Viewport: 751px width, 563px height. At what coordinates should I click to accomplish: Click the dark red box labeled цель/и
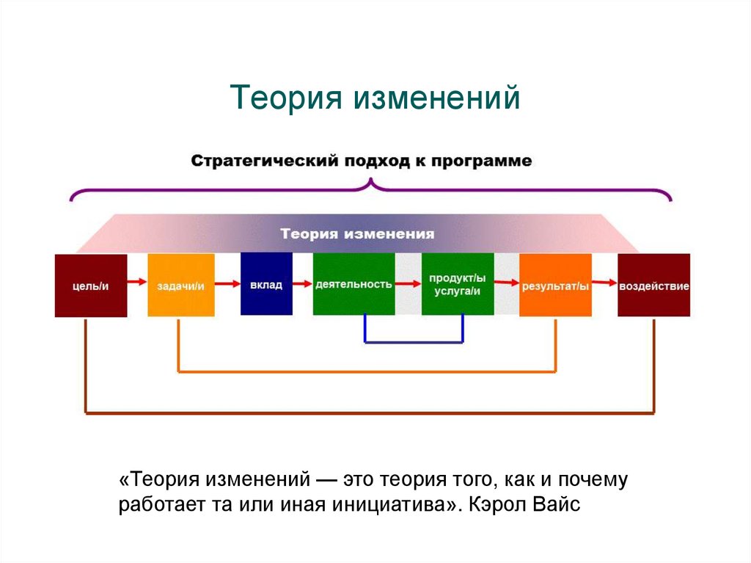pyautogui.click(x=90, y=286)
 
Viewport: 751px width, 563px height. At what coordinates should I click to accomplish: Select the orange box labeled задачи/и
pyautogui.click(x=180, y=286)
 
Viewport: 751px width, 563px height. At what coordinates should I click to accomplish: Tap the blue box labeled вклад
pyautogui.click(x=266, y=285)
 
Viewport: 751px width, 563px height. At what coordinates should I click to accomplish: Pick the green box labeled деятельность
pyautogui.click(x=353, y=285)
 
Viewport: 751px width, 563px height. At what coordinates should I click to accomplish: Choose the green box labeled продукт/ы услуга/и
pyautogui.click(x=457, y=285)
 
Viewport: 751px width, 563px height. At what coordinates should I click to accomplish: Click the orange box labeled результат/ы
pyautogui.click(x=555, y=286)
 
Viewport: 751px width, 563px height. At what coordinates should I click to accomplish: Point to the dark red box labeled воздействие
pyautogui.click(x=653, y=286)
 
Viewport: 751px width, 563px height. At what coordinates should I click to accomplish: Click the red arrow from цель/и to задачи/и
pyautogui.click(x=136, y=281)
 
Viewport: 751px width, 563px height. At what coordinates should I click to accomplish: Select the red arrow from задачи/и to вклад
pyautogui.click(x=227, y=281)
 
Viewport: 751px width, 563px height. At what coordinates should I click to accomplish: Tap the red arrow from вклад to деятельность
pyautogui.click(x=302, y=281)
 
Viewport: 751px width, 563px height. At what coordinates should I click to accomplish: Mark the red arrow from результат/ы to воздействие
pyautogui.click(x=604, y=281)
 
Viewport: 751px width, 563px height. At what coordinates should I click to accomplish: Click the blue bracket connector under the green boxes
pyautogui.click(x=414, y=342)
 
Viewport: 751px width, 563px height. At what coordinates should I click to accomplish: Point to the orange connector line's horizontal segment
pyautogui.click(x=367, y=371)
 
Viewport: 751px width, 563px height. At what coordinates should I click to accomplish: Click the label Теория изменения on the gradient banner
pyautogui.click(x=357, y=234)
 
